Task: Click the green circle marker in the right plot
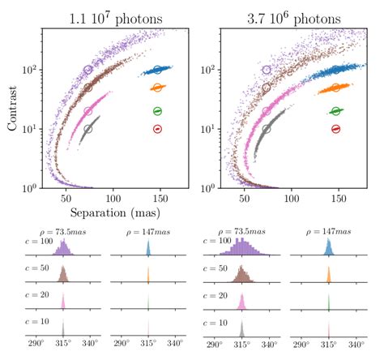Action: [335, 111]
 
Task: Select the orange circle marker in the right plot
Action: [335, 88]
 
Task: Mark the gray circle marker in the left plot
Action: [88, 129]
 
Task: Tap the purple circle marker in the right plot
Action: [267, 71]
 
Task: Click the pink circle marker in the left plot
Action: [88, 111]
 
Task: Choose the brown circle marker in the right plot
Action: [267, 88]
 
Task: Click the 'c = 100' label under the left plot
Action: [28, 242]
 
